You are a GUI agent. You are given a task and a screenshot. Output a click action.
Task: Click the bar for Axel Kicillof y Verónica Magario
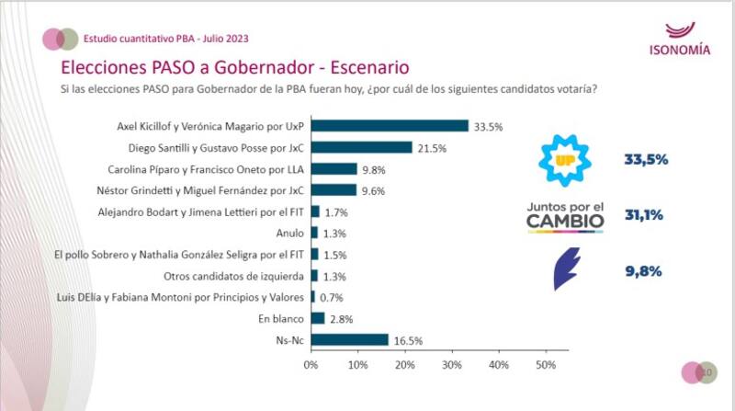[390, 126]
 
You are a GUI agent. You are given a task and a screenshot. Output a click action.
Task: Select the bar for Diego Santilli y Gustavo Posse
[361, 147]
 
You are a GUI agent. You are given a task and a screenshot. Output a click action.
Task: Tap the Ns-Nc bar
[349, 339]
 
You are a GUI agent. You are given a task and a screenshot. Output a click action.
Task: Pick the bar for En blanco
[318, 318]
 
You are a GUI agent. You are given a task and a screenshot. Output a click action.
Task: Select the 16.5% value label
[407, 339]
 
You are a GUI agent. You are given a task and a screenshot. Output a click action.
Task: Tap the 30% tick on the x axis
[451, 365]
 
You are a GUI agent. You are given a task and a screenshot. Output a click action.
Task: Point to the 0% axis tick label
[311, 365]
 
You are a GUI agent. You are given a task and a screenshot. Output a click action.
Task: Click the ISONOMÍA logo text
[679, 51]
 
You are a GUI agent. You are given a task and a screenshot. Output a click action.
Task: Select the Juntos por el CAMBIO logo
[565, 215]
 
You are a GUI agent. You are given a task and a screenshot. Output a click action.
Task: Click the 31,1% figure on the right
[644, 215]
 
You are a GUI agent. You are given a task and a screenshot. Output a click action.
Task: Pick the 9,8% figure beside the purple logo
[644, 270]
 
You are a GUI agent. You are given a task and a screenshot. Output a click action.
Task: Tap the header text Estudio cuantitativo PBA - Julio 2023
[165, 39]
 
